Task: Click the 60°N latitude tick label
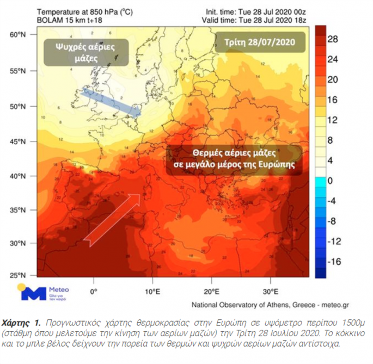point(19,35)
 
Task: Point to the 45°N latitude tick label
point(19,141)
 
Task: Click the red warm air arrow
point(116,217)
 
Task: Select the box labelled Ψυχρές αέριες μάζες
point(83,51)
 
